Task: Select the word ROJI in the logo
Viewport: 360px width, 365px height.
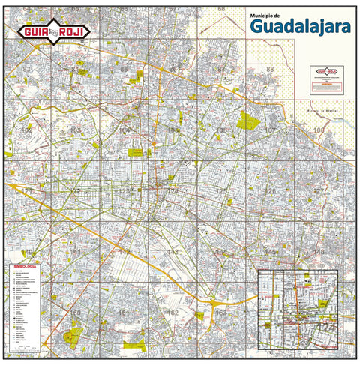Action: pos(73,31)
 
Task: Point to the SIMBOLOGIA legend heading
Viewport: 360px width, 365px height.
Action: pos(24,265)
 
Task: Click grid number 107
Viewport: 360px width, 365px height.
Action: pos(270,130)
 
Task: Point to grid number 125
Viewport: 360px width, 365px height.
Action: pos(222,191)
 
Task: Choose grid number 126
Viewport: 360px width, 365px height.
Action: pos(271,191)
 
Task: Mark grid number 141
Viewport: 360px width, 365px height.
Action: pos(76,252)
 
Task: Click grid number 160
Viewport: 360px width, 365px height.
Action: pos(76,312)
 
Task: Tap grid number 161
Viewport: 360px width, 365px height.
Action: pos(124,312)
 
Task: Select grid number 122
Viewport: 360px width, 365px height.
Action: pos(76,191)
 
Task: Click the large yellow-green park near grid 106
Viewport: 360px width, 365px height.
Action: pos(247,119)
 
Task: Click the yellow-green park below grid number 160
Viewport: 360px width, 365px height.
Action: pos(74,336)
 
